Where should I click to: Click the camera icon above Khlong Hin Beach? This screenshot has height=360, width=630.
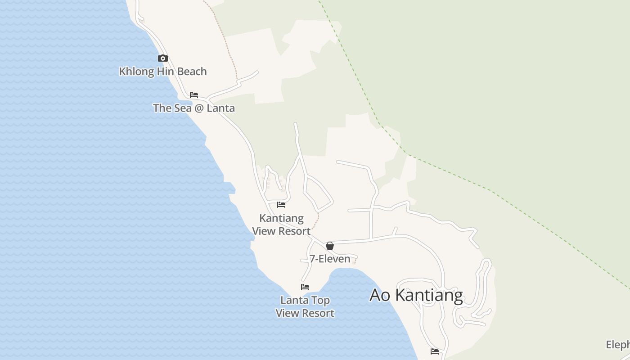[163, 58]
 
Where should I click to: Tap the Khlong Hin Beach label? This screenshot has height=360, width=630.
[163, 72]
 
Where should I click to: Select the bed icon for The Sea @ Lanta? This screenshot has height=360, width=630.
[194, 95]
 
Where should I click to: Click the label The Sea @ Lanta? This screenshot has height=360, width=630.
[193, 108]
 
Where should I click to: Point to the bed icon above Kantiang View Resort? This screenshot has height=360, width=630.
[281, 205]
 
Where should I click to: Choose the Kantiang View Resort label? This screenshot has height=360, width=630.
[281, 225]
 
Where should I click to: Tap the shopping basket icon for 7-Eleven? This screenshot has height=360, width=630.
[330, 246]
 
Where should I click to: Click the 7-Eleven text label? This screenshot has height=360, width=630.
[330, 259]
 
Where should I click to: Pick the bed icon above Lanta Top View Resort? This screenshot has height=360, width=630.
[305, 287]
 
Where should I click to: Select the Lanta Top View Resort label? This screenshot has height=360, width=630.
[305, 306]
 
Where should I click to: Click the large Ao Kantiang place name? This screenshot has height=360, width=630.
[416, 295]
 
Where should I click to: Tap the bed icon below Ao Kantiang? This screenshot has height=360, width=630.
[435, 351]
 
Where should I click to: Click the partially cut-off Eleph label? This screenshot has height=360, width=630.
[618, 345]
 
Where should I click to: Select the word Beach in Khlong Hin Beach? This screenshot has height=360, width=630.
[192, 72]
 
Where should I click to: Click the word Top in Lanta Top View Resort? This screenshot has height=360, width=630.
[320, 300]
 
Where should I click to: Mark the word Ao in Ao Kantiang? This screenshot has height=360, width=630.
[379, 295]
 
